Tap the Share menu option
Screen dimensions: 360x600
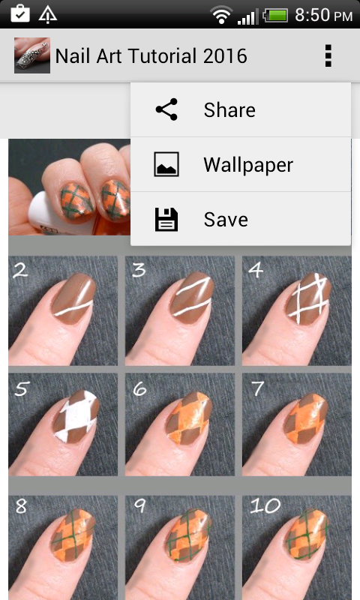[241, 109]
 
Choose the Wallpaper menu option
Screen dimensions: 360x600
[241, 164]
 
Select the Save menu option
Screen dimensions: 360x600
[241, 219]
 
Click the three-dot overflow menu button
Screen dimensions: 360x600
[328, 55]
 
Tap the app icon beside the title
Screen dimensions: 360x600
[32, 55]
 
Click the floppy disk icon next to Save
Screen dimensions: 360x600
[166, 220]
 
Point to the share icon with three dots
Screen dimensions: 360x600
[166, 109]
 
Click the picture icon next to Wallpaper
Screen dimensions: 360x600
[166, 164]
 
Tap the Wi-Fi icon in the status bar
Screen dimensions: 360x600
[221, 15]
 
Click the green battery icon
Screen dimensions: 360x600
[275, 16]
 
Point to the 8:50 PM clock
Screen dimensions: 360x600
[323, 15]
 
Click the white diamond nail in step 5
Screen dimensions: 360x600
[76, 416]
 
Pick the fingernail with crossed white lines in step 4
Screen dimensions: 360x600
[308, 298]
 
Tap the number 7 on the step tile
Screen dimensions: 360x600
[257, 388]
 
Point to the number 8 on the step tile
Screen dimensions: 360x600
[21, 505]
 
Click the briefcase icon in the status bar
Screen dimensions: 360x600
[20, 14]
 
